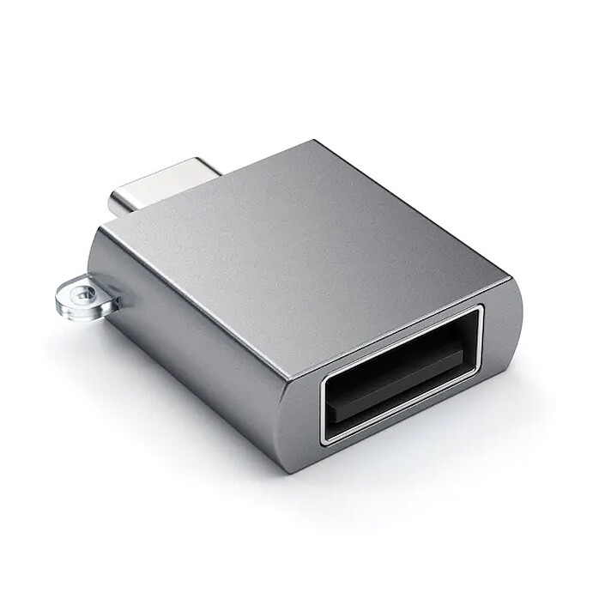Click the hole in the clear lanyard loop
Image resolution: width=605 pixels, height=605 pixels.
click(84, 293)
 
